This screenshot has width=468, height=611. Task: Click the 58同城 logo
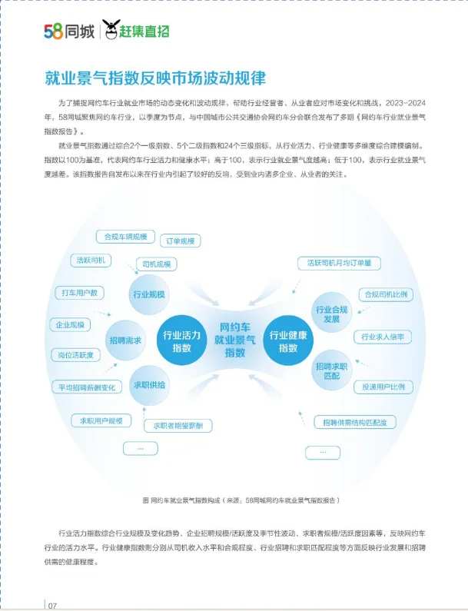pos(69,32)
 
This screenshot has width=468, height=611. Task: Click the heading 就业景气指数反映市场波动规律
pos(154,78)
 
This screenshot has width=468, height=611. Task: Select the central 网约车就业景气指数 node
pos(234,339)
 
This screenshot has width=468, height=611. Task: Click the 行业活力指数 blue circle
pos(181,340)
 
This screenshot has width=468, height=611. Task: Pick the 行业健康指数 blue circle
pos(287,340)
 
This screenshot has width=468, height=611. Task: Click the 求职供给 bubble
pos(149,384)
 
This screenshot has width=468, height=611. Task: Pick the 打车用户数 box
pos(79,293)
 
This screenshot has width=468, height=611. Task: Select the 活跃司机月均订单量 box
pos(338,263)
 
